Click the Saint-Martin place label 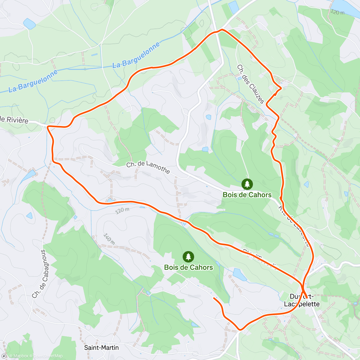101,348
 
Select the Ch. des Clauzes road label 251,84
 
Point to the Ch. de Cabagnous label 44,274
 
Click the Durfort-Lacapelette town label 302,300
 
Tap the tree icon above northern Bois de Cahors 247,184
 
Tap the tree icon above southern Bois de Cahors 188,257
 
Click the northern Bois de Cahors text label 247,195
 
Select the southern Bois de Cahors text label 188,267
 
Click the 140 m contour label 109,238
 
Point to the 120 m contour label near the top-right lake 337,12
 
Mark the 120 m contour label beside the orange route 122,211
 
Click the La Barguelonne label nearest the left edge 33,81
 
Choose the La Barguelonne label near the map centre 136,55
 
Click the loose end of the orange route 214,298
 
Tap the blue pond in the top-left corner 29,24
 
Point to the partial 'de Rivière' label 14,120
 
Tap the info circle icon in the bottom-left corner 4,356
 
